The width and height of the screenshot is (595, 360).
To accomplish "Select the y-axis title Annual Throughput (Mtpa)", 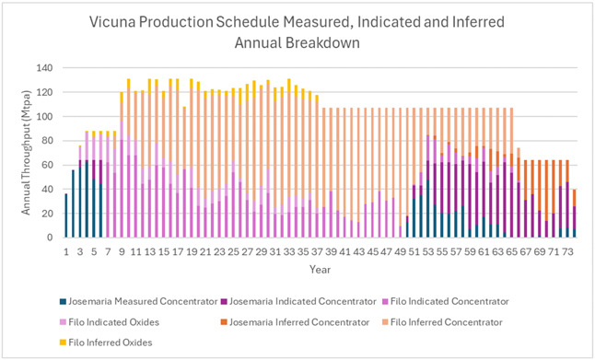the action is [26, 153].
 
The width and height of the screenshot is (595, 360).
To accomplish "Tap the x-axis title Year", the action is [320, 270].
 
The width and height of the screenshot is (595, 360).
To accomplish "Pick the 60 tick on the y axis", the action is [49, 165].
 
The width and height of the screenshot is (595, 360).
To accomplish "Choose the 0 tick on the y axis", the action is [52, 238].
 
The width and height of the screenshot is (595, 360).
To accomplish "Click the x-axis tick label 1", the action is [66, 252].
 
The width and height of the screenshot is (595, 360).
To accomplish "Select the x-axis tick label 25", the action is [234, 252].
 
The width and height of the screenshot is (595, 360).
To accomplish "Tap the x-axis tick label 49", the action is [401, 252].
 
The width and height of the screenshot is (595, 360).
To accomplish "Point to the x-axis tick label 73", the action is [568, 252].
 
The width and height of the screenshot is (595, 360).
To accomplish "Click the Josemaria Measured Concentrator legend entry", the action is [139, 302].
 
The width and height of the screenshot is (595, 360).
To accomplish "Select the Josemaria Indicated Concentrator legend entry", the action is [299, 302].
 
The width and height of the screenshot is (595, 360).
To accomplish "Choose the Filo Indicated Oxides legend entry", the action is [110, 322].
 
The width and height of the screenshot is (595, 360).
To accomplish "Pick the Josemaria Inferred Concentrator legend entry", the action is [296, 322].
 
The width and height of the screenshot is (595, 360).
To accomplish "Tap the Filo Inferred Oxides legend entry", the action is [106, 343].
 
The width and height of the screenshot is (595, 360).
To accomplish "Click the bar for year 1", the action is [66, 215].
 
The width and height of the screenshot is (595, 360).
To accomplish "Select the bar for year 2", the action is [74, 204].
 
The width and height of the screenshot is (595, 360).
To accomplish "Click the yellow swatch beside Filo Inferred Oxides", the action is [63, 343].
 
